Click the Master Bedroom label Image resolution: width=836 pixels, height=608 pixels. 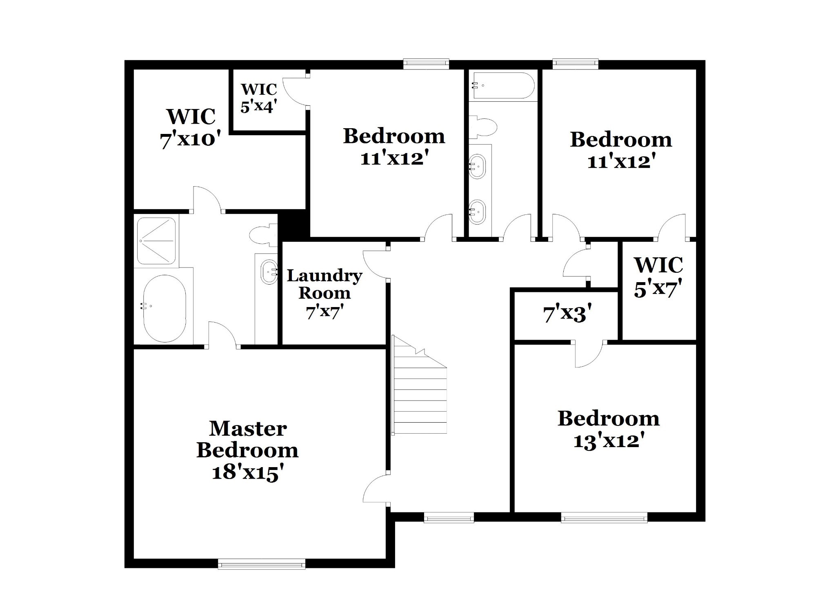[x=247, y=451]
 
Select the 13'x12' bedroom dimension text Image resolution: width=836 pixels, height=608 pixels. [x=609, y=441]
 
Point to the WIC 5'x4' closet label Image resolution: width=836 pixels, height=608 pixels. [x=259, y=98]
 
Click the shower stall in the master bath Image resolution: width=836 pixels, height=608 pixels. [x=156, y=241]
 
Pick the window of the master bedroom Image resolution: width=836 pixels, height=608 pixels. [x=262, y=565]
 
